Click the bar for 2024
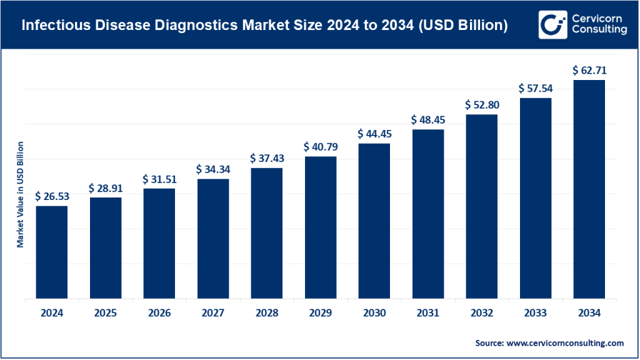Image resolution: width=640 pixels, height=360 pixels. click(52, 251)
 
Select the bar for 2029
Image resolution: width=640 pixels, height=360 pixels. click(320, 227)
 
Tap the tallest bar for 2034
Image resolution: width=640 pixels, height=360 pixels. click(589, 189)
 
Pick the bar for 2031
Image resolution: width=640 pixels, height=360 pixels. click(427, 213)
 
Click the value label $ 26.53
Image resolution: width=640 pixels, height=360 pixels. click(52, 196)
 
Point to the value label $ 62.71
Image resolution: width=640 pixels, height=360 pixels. click(589, 71)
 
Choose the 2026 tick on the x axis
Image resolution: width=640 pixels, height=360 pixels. click(159, 313)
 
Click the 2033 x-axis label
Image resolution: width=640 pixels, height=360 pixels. click(535, 313)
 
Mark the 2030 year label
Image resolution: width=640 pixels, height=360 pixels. click(374, 313)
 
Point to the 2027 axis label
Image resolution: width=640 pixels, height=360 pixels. click(212, 313)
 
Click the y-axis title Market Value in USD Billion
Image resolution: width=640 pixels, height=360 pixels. click(20, 194)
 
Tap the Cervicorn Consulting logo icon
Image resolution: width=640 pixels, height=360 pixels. click(551, 25)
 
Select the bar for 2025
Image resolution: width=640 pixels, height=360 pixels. click(106, 247)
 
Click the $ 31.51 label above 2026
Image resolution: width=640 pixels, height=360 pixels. click(159, 179)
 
